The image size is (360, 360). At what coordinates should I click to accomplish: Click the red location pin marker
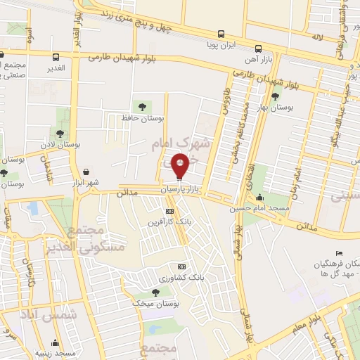point(180,166)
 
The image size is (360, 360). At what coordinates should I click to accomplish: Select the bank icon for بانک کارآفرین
point(169,211)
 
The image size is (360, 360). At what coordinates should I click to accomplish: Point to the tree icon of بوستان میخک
point(155,292)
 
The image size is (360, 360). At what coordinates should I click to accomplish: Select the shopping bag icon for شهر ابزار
point(86,172)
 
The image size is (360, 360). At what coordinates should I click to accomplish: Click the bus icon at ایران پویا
point(221,33)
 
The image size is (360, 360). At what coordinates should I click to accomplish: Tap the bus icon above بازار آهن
point(259,49)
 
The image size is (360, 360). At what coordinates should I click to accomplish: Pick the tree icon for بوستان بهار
point(275,96)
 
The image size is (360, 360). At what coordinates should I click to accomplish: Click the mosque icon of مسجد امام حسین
point(260,198)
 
